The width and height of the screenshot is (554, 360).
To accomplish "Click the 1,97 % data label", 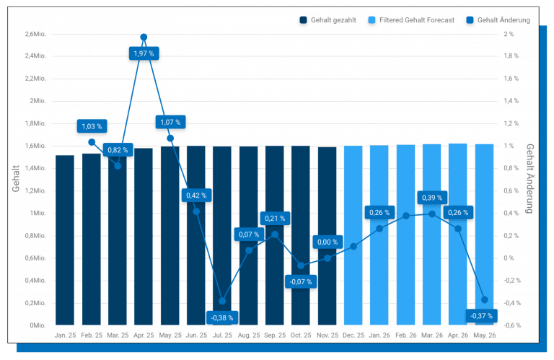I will pos(144,53).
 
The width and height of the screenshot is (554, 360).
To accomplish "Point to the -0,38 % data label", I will pos(222,317).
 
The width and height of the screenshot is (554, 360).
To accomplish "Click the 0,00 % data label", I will pos(327,242).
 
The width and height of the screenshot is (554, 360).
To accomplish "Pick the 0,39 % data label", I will pos(432,198).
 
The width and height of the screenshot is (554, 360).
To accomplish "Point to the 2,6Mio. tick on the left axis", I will pos(35,34).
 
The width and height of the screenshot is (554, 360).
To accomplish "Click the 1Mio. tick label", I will pos(37,214).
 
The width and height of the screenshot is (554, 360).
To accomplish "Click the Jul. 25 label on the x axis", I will pos(222,335).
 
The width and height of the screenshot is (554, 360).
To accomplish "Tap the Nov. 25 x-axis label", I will pos(327,335).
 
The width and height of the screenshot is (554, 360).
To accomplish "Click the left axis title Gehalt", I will pos(16,180).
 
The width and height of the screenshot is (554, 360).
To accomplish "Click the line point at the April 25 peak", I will pos(144,37).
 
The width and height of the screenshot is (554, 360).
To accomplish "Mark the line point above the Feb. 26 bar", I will pos(406,216).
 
